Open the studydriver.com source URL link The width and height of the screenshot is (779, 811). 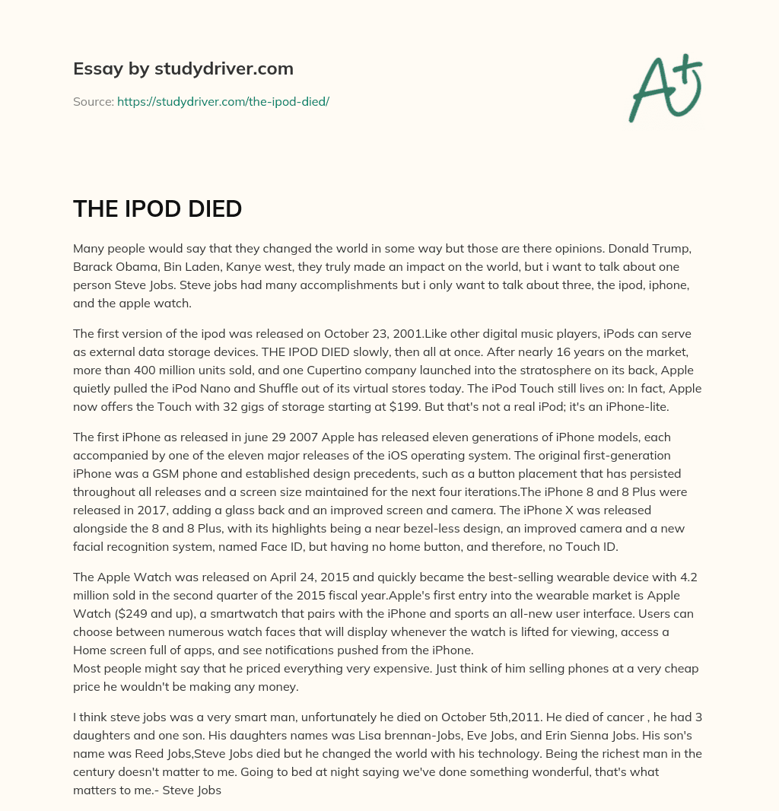pos(223,101)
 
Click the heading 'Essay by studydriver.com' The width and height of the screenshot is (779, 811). pos(183,68)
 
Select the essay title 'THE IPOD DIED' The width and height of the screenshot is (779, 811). pos(157,209)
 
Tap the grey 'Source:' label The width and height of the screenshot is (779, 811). pos(93,101)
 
